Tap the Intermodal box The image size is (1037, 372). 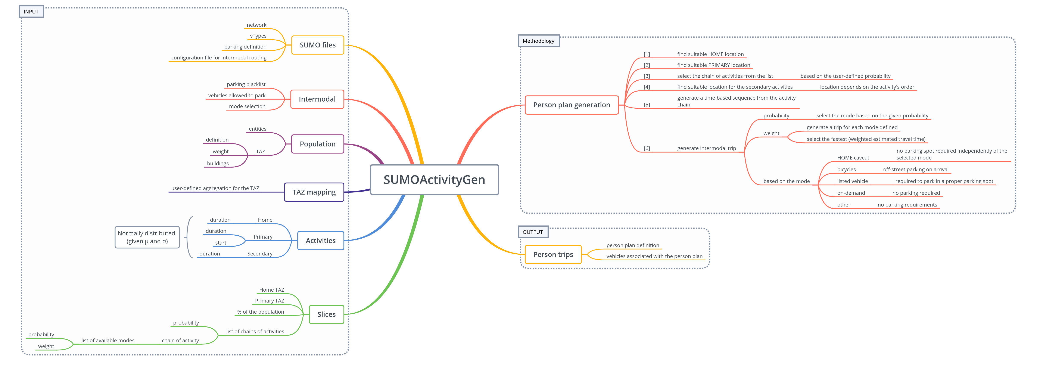pyautogui.click(x=317, y=99)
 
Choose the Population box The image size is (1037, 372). pyautogui.click(x=318, y=144)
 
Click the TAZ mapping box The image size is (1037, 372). pyautogui.click(x=314, y=192)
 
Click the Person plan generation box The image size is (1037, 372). pyautogui.click(x=572, y=105)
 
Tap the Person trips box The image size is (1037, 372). pyautogui.click(x=553, y=254)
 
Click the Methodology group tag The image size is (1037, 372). pyautogui.click(x=538, y=41)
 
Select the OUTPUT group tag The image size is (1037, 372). pyautogui.click(x=533, y=232)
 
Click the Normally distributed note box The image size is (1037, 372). pyautogui.click(x=147, y=237)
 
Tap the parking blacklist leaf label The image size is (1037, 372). pyautogui.click(x=246, y=84)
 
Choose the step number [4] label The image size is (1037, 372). pyautogui.click(x=647, y=87)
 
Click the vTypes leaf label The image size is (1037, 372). pyautogui.click(x=258, y=36)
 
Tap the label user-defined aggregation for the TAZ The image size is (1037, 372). pyautogui.click(x=215, y=188)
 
